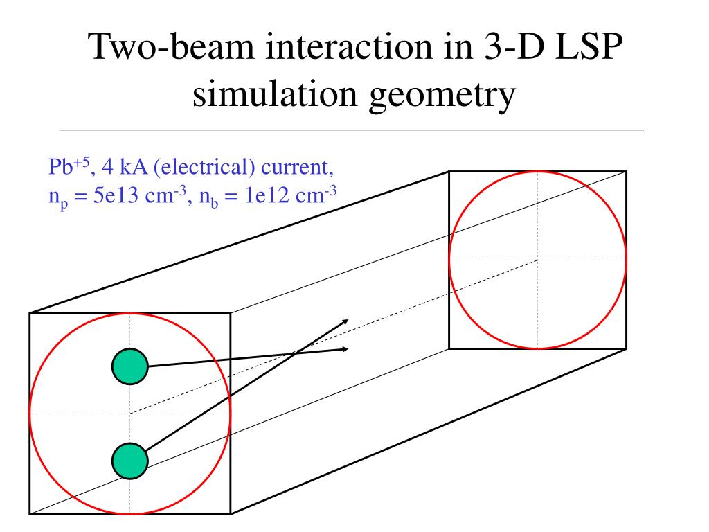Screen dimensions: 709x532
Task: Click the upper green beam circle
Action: click(x=130, y=367)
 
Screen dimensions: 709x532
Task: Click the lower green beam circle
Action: click(x=130, y=459)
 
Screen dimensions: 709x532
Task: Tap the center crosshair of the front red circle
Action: click(x=130, y=414)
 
